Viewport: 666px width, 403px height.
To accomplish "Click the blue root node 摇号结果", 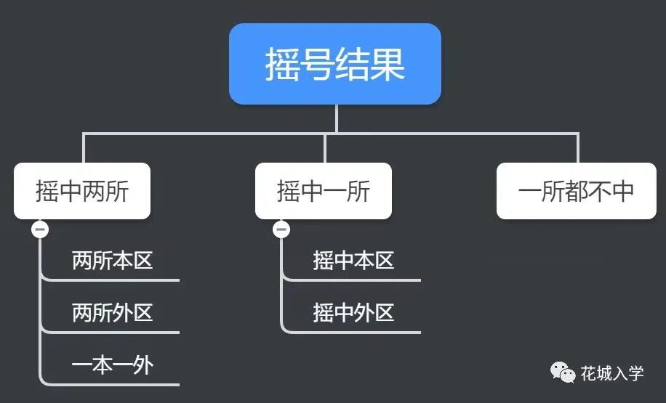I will tap(335, 64).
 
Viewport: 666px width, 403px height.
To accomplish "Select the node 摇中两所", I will tap(82, 191).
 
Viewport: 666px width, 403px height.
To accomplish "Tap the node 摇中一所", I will tap(324, 191).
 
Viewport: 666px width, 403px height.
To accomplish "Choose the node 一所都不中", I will tap(577, 191).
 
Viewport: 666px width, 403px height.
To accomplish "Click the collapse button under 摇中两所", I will tap(40, 229).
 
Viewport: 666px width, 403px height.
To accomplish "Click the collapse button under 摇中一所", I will tap(281, 229).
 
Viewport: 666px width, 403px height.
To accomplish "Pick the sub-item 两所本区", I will tap(112, 261).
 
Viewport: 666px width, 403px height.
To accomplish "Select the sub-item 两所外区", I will tap(112, 313).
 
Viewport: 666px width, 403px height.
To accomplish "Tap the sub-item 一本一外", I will tap(112, 365).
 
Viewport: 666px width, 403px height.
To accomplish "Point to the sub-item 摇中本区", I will tap(353, 261).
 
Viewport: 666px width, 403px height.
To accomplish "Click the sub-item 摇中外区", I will tap(353, 313).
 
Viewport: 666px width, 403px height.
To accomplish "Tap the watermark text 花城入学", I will tap(612, 374).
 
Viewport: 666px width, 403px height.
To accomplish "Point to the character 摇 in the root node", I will tap(281, 65).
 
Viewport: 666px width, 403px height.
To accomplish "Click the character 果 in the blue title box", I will tap(388, 65).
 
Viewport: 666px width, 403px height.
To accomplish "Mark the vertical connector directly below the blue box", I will tap(337, 118).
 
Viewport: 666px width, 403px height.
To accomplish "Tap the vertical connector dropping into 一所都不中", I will tap(578, 148).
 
